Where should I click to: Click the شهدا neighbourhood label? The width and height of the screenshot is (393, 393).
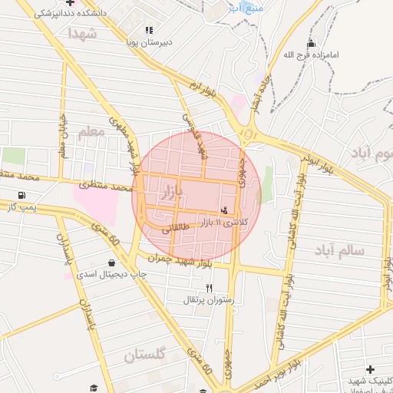pos(82,35)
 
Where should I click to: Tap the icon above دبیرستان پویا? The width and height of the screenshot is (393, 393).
pos(149,30)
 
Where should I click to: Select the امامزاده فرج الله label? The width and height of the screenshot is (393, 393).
pos(310,55)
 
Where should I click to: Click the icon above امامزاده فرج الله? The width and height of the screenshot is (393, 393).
pos(311,43)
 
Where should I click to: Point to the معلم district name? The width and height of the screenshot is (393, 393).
pos(91,132)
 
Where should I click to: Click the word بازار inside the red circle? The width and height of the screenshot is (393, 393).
pos(170,193)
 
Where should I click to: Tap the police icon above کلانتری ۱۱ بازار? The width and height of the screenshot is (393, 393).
pos(224,210)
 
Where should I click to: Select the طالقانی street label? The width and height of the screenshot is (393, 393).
pos(175,227)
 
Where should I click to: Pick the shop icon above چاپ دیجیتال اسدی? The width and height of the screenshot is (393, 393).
pos(112,263)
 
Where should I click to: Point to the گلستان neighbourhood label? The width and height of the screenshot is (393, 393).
pos(145,355)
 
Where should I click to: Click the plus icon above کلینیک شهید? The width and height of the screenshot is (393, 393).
pos(371,369)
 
